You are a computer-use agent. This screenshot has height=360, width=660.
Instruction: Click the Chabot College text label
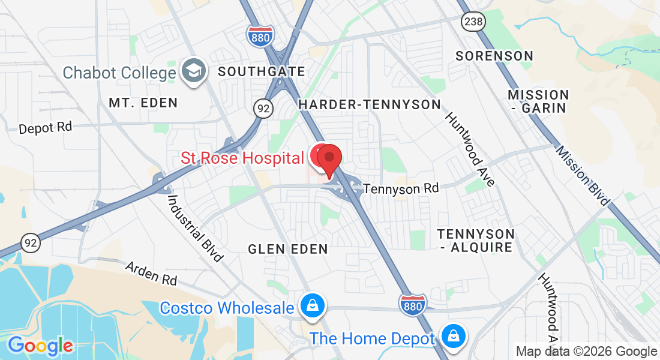point(119,73)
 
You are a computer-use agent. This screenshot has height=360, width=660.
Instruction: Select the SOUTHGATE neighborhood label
point(262,72)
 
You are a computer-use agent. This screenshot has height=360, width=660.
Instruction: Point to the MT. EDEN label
point(143,103)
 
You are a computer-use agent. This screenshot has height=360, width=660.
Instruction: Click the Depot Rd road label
point(46,128)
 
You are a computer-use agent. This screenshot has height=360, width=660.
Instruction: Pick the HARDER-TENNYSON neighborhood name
point(370,104)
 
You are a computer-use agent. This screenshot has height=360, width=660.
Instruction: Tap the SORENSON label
point(494,56)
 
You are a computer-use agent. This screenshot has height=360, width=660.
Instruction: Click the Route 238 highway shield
point(470,22)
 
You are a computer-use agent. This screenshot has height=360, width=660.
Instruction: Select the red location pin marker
point(329,159)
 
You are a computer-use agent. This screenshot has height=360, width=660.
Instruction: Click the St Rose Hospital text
point(242,158)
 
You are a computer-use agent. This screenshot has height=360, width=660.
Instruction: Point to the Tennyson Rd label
point(401,188)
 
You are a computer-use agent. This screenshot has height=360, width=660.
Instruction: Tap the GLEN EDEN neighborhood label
point(288,248)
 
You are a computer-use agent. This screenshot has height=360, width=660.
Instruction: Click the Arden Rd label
point(151,272)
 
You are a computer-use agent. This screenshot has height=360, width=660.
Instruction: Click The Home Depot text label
point(372,338)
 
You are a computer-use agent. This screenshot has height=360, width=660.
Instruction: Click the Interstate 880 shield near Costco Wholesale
point(413,304)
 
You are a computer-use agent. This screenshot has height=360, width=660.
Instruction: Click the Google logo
point(40,346)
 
